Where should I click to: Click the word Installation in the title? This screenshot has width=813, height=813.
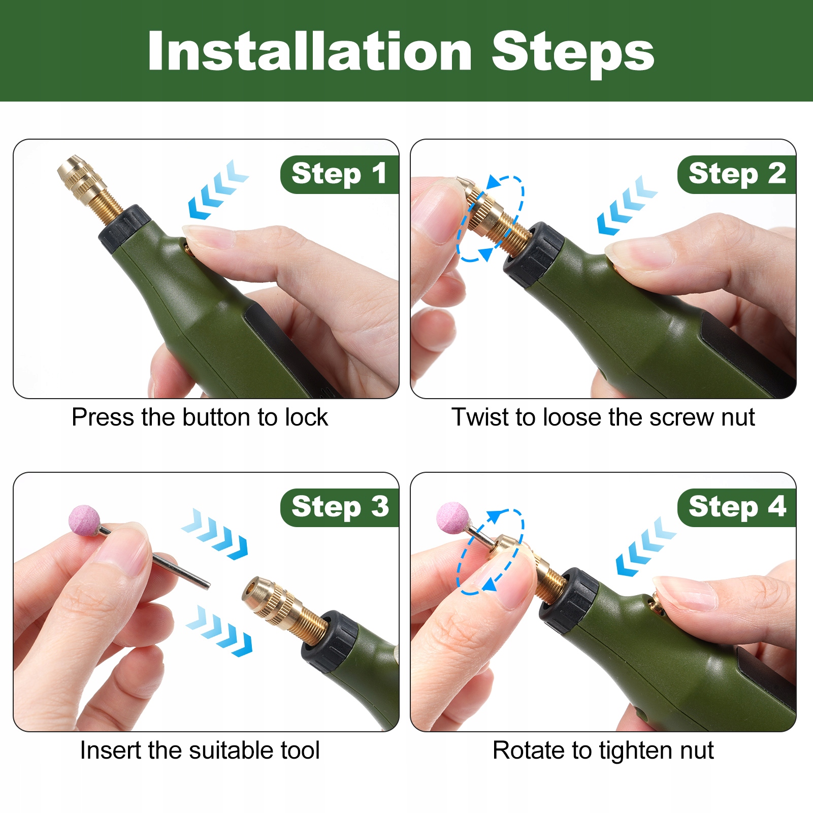click(310, 51)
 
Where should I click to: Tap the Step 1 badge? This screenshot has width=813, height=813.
click(339, 174)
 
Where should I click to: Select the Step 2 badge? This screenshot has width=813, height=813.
click(737, 174)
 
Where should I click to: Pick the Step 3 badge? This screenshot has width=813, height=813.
click(339, 507)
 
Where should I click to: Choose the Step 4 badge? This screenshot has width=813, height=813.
click(737, 507)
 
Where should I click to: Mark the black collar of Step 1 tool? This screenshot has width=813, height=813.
click(124, 228)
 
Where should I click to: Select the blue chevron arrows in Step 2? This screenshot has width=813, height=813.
click(627, 205)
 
